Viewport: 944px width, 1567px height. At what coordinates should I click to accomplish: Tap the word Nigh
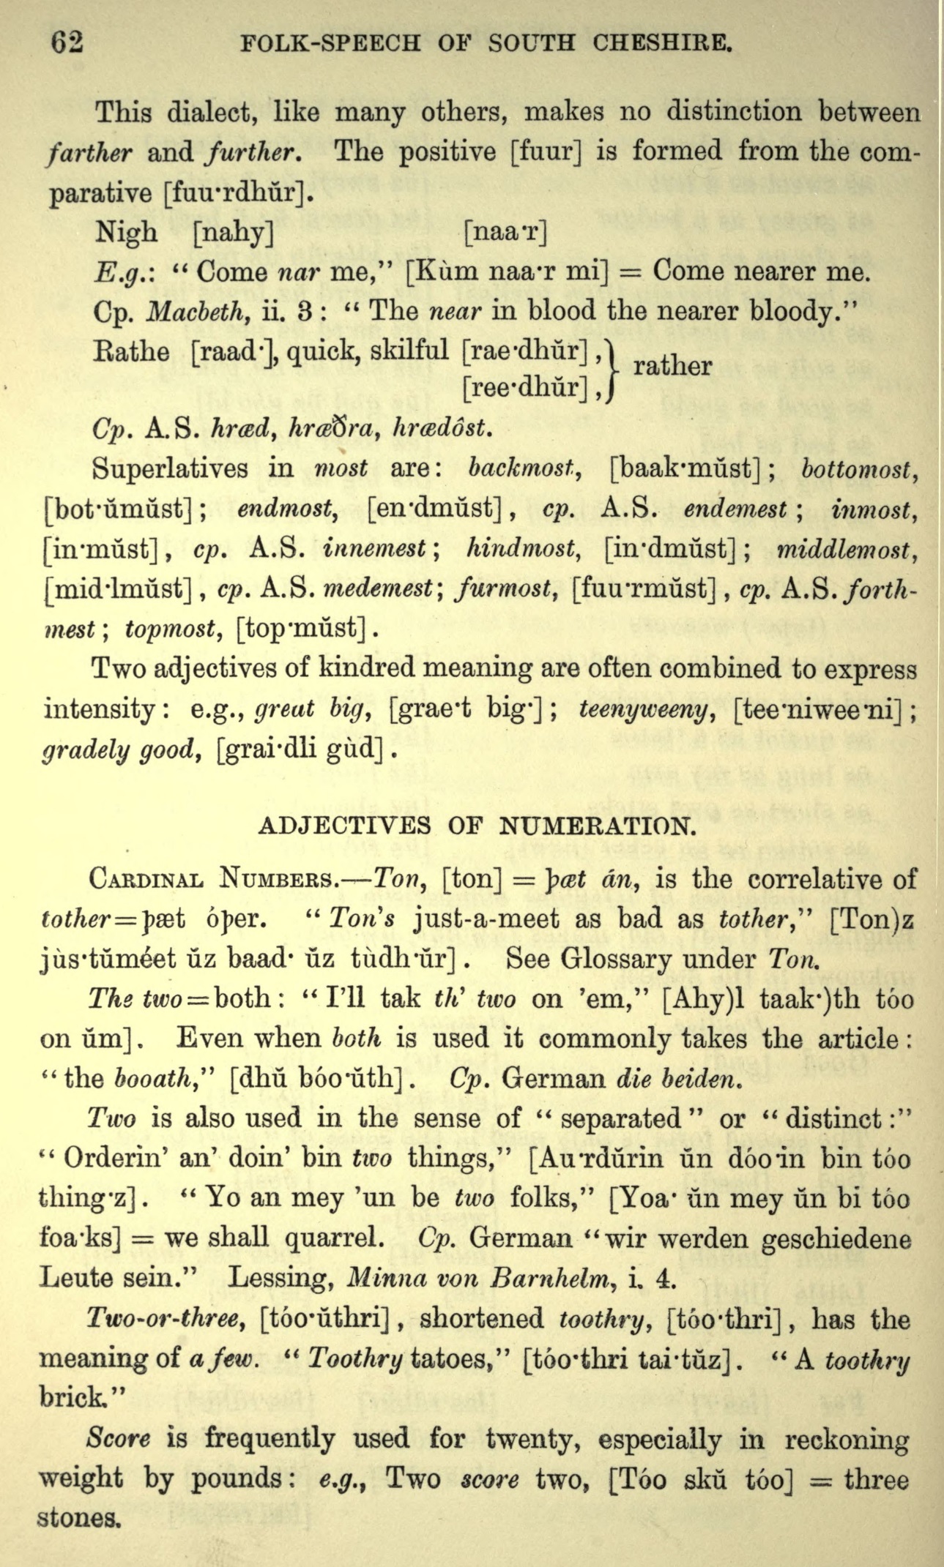click(x=125, y=233)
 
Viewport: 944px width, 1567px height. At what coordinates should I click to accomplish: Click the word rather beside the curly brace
click(x=672, y=365)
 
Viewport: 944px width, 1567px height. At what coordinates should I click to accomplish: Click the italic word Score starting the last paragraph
click(x=118, y=1438)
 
